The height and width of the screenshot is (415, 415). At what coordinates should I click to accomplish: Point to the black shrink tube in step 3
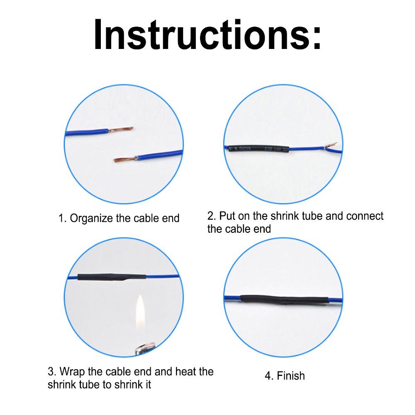point(112,278)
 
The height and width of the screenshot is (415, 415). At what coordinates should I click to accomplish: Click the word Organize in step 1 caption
point(91,218)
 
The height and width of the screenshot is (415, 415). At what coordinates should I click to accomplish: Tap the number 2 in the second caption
point(210,216)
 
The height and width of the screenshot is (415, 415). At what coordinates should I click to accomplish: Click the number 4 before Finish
point(268,376)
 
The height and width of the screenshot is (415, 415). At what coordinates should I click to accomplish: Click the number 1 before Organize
point(61,218)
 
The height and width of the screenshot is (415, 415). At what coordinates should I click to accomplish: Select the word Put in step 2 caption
point(227,216)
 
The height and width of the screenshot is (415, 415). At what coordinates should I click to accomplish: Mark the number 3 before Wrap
point(51,371)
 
